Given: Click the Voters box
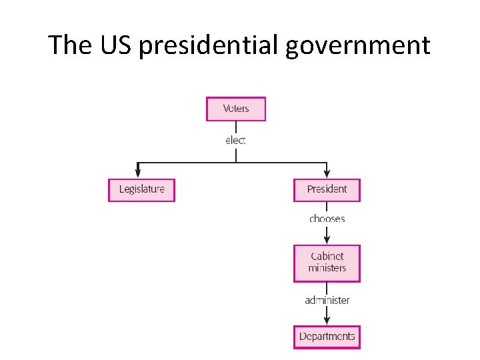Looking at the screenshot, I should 236,109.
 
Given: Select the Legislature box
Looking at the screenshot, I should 141,189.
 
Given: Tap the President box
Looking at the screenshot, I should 327,189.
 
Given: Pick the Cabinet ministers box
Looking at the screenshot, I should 327,263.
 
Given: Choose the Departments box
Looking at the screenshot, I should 327,336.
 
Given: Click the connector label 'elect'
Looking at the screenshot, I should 235,140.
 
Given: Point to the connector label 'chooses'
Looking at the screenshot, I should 327,219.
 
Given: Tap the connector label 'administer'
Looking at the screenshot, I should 327,300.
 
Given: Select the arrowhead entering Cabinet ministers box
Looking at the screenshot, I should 327,239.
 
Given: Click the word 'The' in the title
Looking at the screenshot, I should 70,45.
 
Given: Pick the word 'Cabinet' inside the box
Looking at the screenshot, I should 327,256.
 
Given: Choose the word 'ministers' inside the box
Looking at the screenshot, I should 327,268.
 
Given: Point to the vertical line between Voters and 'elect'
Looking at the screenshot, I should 236,127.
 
